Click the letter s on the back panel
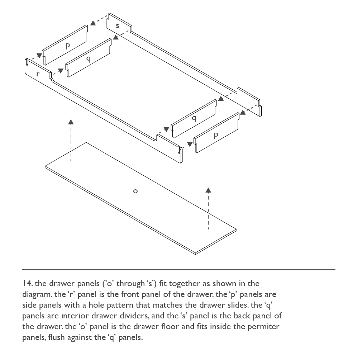[x=118, y=26]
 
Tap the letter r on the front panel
[x=38, y=74]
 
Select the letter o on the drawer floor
[x=135, y=191]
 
